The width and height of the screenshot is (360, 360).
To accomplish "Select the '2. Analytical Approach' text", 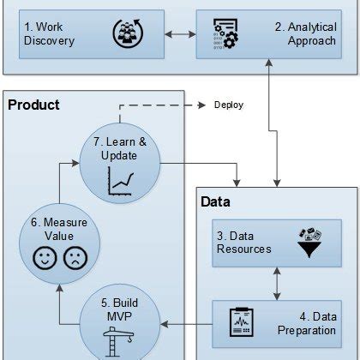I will tap(305, 33).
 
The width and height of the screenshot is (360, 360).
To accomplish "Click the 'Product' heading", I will tap(33, 105).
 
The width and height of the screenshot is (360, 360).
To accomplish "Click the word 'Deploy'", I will tap(227, 105).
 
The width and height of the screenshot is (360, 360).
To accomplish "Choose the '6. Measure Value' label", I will tap(54, 230).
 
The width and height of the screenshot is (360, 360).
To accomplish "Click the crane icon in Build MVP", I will tap(119, 341).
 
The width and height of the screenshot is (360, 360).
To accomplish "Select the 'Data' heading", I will tap(215, 202).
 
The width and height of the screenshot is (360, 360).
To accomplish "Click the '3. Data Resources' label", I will tap(244, 243).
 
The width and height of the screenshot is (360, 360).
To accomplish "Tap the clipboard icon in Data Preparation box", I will tap(239, 323).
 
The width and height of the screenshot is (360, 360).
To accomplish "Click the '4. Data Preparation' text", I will tap(306, 324).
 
